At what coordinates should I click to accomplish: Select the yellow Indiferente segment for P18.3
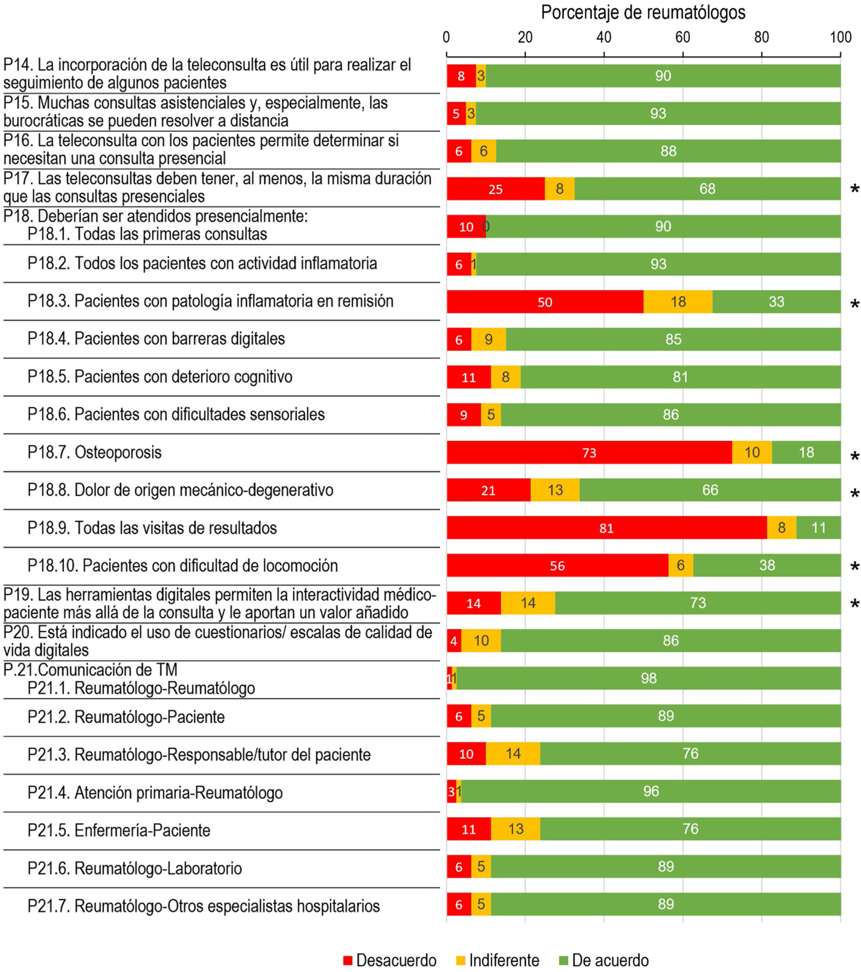(x=678, y=301)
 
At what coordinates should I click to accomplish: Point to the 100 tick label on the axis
(x=840, y=37)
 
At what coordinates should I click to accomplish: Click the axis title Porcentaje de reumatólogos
(x=643, y=13)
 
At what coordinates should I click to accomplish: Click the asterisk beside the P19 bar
(x=854, y=604)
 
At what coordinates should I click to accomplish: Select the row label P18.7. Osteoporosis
(x=95, y=452)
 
